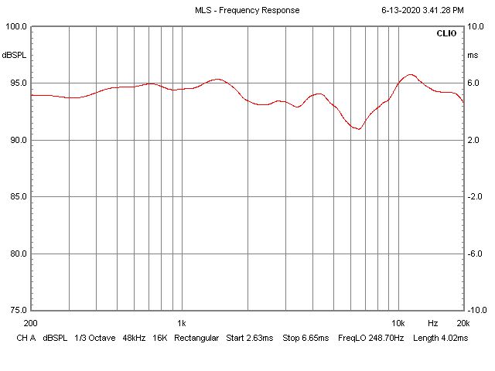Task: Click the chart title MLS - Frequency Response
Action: (247, 10)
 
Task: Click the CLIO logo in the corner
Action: (446, 34)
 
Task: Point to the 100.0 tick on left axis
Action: (16, 26)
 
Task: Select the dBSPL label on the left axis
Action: (13, 56)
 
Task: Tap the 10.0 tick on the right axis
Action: (476, 26)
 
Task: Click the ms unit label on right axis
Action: (473, 56)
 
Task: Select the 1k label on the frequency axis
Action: (182, 322)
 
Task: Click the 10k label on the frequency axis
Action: (398, 322)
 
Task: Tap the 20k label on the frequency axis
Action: (463, 322)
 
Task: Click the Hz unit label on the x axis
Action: (433, 322)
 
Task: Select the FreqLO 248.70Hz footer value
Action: (370, 339)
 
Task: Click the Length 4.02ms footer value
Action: (441, 339)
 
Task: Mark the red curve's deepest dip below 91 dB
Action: (357, 128)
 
